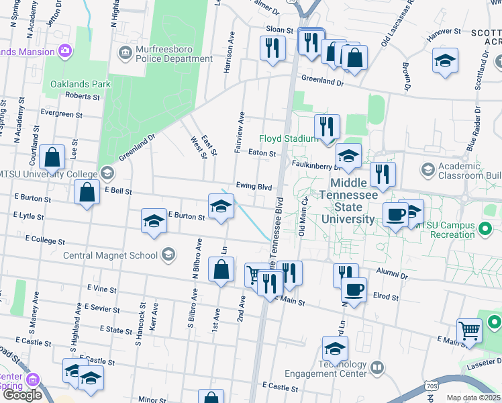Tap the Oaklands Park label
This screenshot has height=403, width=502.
[x=80, y=85]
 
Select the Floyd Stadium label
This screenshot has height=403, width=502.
[x=287, y=138]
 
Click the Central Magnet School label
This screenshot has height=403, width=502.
[x=111, y=255]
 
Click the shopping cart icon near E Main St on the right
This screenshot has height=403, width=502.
[x=469, y=330]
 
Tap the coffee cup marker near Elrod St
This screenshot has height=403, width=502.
[x=354, y=289]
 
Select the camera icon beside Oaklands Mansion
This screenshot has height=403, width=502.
[x=65, y=51]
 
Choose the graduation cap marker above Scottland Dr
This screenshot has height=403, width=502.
[x=445, y=60]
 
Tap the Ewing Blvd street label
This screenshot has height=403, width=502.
[x=254, y=186]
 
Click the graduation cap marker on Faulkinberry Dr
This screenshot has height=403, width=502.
[x=348, y=156]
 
